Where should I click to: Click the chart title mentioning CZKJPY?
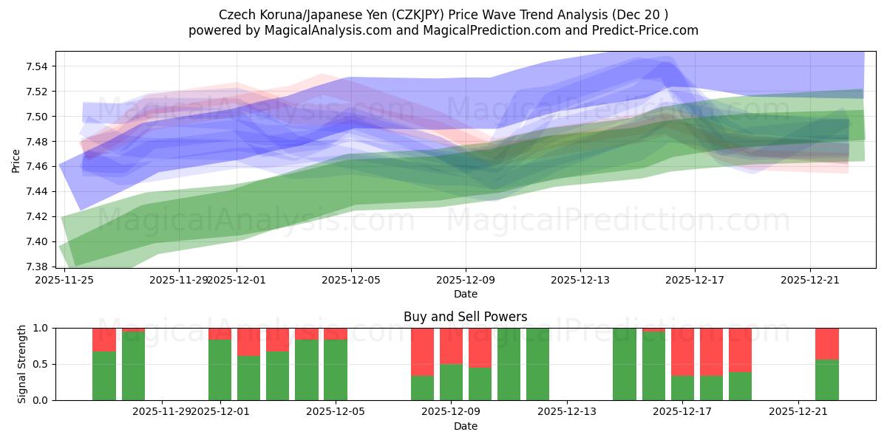click(x=443, y=15)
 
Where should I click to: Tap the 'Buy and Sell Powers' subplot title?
click(x=465, y=317)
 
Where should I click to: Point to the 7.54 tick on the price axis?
click(x=37, y=66)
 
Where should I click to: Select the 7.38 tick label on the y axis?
click(x=37, y=267)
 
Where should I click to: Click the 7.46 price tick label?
click(x=37, y=166)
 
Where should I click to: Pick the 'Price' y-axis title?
click(x=16, y=159)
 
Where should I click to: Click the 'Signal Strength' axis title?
click(x=22, y=363)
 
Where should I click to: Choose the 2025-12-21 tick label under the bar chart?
click(x=798, y=412)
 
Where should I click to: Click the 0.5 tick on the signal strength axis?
click(x=41, y=364)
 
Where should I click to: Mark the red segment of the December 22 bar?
click(x=827, y=343)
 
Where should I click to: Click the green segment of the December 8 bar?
click(x=422, y=388)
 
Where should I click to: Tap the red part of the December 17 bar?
click(x=682, y=351)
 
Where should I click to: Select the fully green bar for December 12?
click(x=538, y=364)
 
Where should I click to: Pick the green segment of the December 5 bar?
click(x=336, y=369)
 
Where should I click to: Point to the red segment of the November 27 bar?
click(x=133, y=330)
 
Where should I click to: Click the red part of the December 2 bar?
click(x=248, y=342)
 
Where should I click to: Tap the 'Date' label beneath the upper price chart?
click(x=465, y=294)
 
